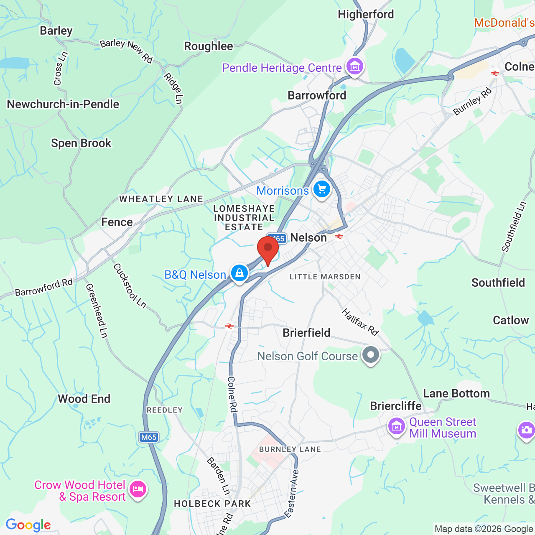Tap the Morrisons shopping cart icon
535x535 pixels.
[x=321, y=190]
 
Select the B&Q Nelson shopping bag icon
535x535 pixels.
[x=239, y=273]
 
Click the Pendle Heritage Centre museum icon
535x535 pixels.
[x=355, y=66]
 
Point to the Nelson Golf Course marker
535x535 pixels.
[x=370, y=355]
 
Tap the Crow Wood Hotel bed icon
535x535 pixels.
[x=138, y=489]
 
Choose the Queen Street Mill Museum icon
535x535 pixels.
[x=397, y=427]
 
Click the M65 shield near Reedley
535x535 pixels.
[x=148, y=437]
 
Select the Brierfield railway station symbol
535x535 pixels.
[x=229, y=326]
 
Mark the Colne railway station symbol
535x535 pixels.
[x=495, y=73]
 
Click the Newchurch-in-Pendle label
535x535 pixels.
[x=63, y=104]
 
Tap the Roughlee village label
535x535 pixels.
[x=209, y=46]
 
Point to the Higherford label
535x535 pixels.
[x=366, y=15]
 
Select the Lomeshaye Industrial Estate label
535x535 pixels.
[x=244, y=218]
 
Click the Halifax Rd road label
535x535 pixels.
[x=360, y=322]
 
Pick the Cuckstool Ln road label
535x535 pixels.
[x=130, y=286]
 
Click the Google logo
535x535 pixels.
[x=28, y=525]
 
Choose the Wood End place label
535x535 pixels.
[x=84, y=399]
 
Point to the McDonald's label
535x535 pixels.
[x=504, y=23]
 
